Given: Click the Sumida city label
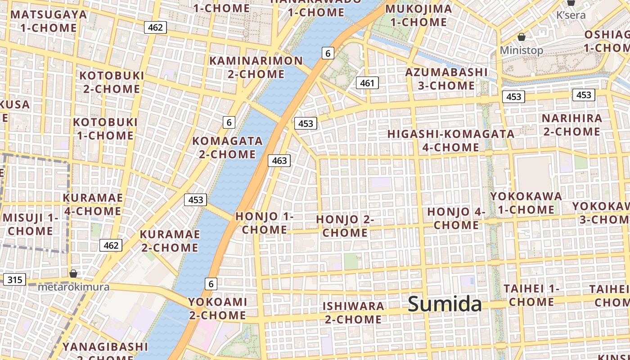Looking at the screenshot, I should pyautogui.click(x=445, y=304).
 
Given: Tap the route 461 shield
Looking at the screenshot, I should pyautogui.click(x=367, y=83).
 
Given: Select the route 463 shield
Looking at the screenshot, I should pyautogui.click(x=279, y=161).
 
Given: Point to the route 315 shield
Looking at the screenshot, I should pyautogui.click(x=14, y=280).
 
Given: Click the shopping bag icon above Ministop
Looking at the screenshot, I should pyautogui.click(x=522, y=37).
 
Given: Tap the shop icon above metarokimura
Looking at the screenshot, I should pyautogui.click(x=73, y=274).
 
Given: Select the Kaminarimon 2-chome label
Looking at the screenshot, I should pyautogui.click(x=256, y=67).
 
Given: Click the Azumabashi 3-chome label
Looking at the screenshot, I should pyautogui.click(x=446, y=79).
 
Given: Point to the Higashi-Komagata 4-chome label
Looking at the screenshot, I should pyautogui.click(x=451, y=140).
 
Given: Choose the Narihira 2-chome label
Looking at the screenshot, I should pyautogui.click(x=571, y=125).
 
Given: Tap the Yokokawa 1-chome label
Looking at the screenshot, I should pyautogui.click(x=526, y=203).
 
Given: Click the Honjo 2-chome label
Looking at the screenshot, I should pyautogui.click(x=345, y=226).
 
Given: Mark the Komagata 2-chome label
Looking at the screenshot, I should pyautogui.click(x=227, y=148).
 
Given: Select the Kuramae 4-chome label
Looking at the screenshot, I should pyautogui.click(x=92, y=204).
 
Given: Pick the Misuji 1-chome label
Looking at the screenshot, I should pyautogui.click(x=31, y=225).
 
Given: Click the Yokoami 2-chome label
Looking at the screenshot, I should pyautogui.click(x=217, y=308).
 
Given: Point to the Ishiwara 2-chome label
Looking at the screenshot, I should pyautogui.click(x=353, y=313).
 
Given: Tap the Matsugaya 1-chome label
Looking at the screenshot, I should pyautogui.click(x=49, y=21).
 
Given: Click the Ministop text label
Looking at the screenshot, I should pyautogui.click(x=522, y=50).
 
